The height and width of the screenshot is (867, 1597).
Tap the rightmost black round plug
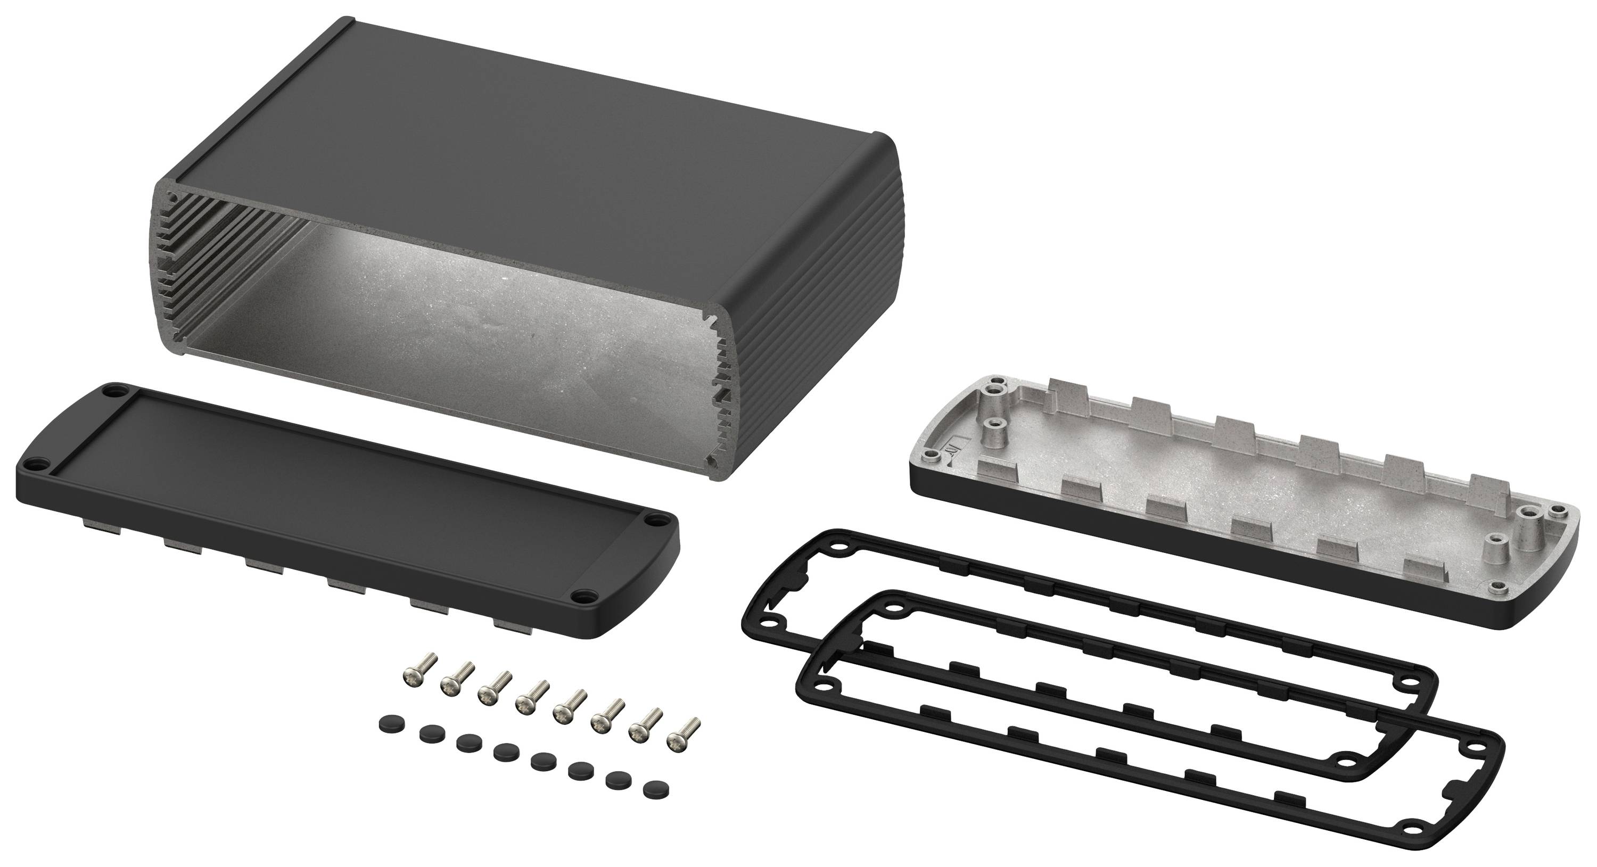(652, 789)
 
